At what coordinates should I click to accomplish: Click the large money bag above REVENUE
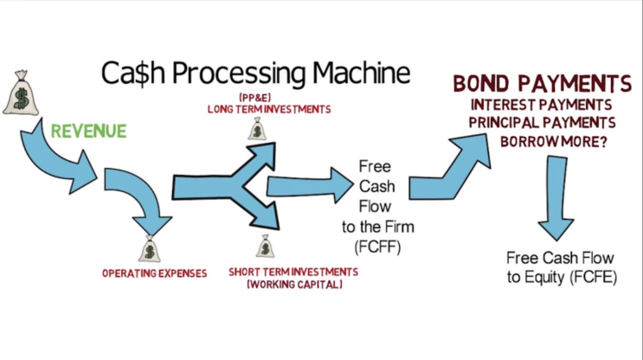coord(21,93)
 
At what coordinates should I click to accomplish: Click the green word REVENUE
coord(88,132)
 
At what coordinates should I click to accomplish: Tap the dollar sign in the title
coord(141,74)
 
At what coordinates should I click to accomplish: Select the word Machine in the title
coord(361,73)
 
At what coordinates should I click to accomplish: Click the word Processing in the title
coord(239,74)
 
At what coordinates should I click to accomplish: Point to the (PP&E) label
coord(254,98)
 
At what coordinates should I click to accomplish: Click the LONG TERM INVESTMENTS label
coord(269,110)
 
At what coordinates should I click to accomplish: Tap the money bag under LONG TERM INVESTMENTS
coord(257,129)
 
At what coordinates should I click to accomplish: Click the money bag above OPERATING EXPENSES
coord(149,249)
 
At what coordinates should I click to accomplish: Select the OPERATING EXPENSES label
coord(155,273)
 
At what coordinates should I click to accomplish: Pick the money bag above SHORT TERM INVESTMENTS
coord(265,246)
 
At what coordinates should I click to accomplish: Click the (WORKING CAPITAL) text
coord(294,285)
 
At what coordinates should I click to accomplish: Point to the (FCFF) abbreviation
coord(377,247)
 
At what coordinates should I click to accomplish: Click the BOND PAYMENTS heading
coord(542,84)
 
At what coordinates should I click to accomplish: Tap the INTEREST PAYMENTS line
coord(541,105)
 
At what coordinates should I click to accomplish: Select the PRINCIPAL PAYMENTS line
coord(542,123)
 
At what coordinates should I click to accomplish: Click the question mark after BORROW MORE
coord(602,142)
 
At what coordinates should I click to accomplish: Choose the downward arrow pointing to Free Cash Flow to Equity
coord(556,197)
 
